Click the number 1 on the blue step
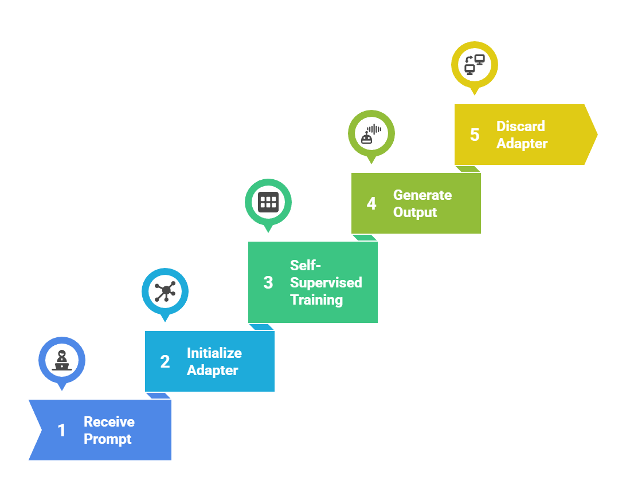(62, 431)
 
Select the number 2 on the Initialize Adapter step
(165, 362)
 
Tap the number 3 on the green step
(268, 283)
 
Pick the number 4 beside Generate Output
(371, 204)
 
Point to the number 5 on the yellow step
(475, 135)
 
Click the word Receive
(109, 422)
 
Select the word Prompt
(108, 439)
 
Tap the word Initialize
(214, 353)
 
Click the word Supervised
(326, 282)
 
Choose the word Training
(316, 299)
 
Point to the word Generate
(422, 195)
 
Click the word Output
(415, 212)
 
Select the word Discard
(521, 127)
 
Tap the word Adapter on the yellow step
(522, 144)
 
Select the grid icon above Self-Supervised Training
(268, 202)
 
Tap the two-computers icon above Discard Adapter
(475, 64)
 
